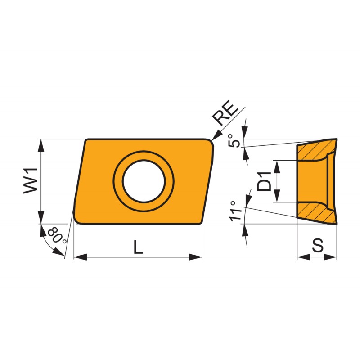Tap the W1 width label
31,181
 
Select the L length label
138,247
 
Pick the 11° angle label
236,211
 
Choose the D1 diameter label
264,181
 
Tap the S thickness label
318,245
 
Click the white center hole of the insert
144,181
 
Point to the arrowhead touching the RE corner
216,135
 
